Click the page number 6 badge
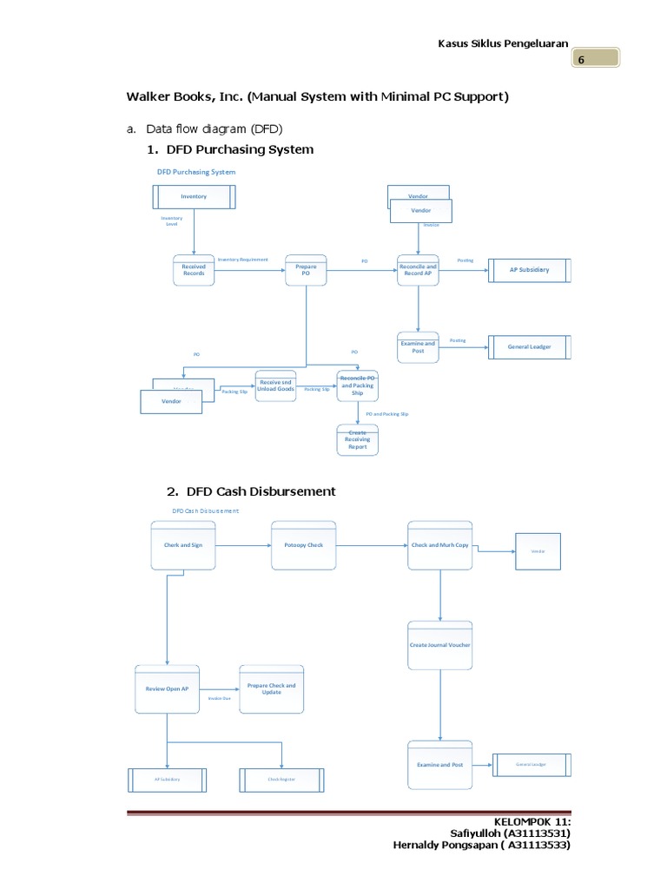tap(594, 59)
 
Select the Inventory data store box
tap(194, 196)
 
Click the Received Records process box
tap(194, 270)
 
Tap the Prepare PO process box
tap(306, 270)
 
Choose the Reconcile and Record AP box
tap(418, 270)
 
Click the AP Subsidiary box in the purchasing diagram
tap(529, 270)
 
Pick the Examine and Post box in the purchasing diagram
tap(418, 346)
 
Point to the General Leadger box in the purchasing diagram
tap(529, 347)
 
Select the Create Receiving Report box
tap(358, 439)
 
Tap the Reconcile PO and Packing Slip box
tap(358, 385)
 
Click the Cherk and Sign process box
tap(183, 545)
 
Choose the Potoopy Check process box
tap(303, 545)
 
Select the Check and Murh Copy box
tap(440, 545)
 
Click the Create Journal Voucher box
tap(440, 645)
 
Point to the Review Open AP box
tap(167, 688)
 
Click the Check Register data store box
tap(281, 780)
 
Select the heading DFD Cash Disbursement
tap(256, 491)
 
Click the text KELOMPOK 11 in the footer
tap(532, 820)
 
